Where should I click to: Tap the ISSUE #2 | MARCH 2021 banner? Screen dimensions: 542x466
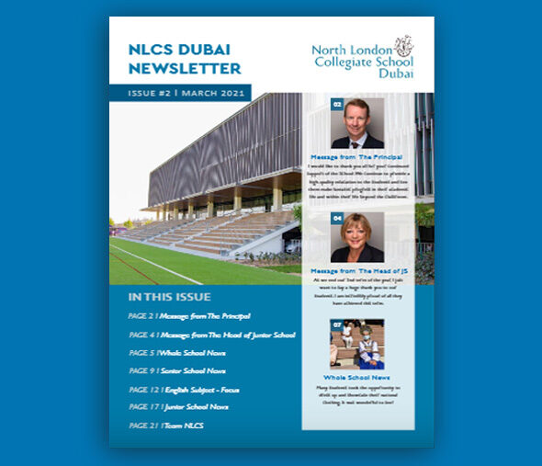(179, 93)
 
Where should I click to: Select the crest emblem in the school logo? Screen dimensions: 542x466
(403, 45)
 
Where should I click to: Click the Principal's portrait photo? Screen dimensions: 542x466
(356, 124)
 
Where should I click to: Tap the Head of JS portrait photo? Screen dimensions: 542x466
(356, 238)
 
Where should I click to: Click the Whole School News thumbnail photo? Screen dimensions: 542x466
(356, 344)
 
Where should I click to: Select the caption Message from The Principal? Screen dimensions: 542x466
(356, 158)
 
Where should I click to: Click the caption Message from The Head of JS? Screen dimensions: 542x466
(356, 271)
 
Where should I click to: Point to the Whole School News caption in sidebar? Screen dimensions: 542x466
(356, 378)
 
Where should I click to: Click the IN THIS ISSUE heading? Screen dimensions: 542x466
(169, 297)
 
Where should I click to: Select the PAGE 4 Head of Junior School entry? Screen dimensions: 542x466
(211, 335)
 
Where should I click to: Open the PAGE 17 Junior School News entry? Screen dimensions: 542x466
(178, 406)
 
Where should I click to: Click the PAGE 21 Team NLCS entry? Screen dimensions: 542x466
(166, 426)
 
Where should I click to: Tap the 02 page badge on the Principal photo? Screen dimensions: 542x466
(337, 104)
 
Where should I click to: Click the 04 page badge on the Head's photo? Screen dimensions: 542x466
(337, 218)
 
